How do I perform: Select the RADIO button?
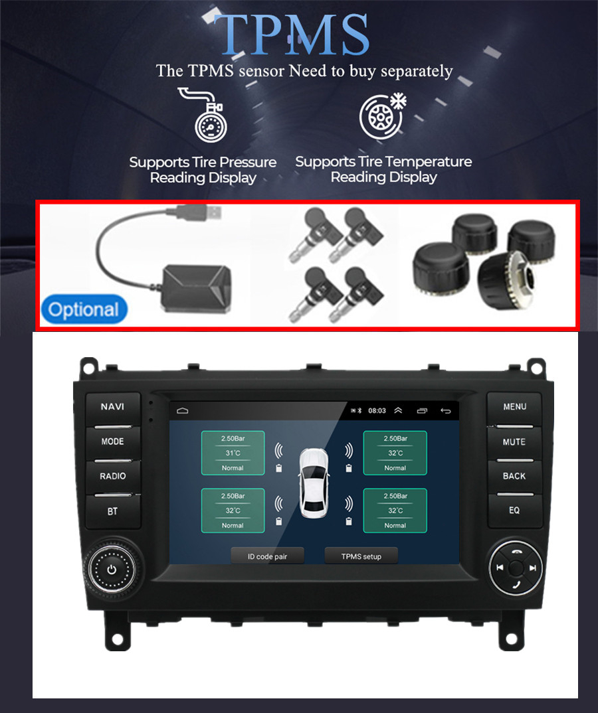pos(113,477)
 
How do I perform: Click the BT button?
pos(113,512)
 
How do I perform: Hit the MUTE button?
pos(514,442)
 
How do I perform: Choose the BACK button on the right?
pos(514,477)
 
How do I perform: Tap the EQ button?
pos(515,511)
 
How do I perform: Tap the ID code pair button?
pos(267,556)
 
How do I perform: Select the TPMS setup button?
pos(361,556)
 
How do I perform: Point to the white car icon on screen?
pos(314,483)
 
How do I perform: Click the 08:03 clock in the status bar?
pos(377,411)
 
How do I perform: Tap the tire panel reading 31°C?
pos(233,453)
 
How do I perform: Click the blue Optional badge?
pos(84,309)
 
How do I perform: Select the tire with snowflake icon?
pos(382,116)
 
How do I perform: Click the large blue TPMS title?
pos(291,35)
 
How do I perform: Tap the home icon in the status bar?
pos(183,411)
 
